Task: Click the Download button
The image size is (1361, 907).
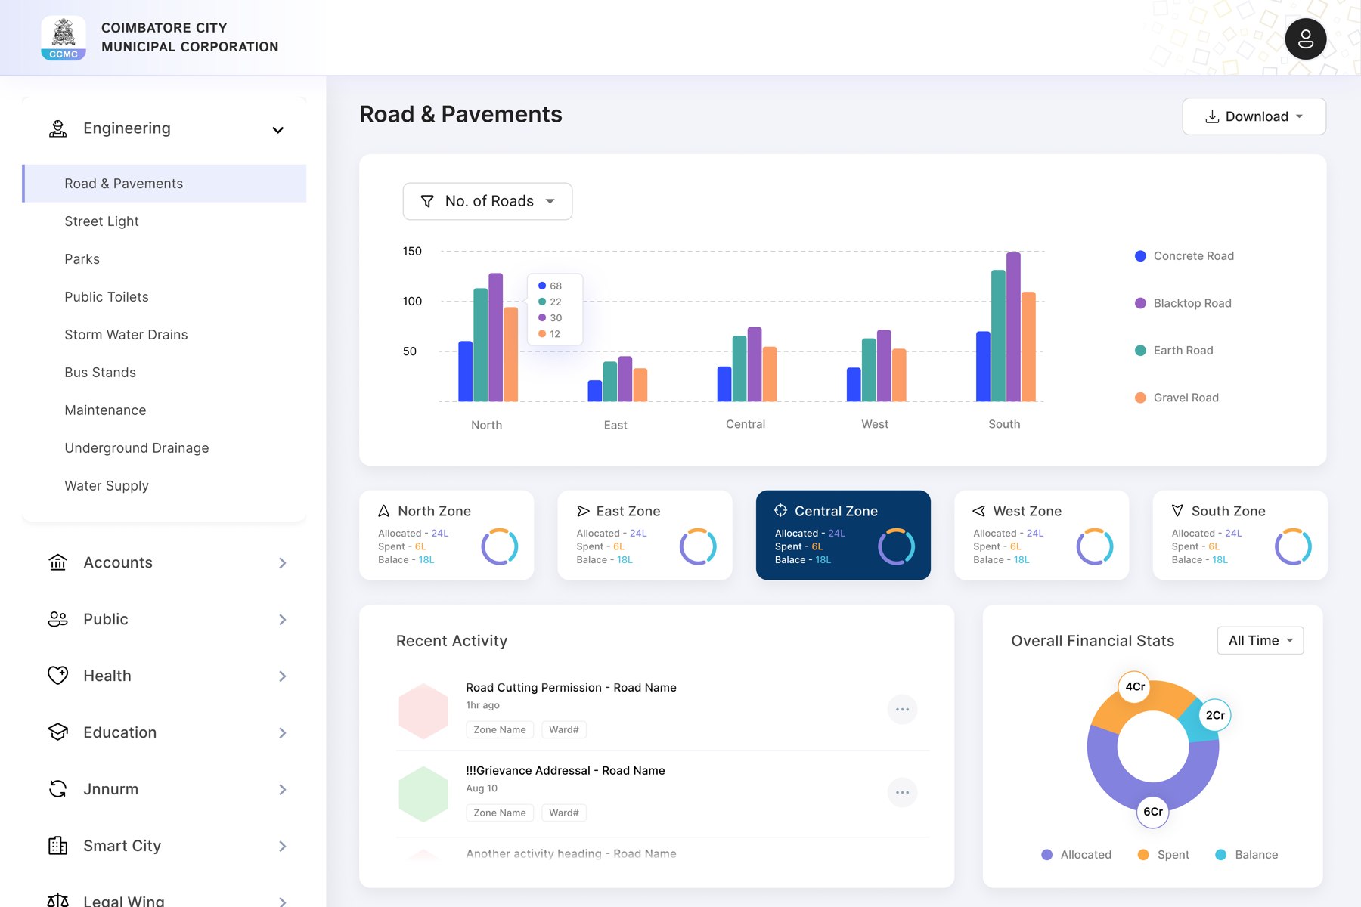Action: [1254, 116]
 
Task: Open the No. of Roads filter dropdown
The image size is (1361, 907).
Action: [488, 201]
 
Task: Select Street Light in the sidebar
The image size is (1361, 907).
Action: [101, 221]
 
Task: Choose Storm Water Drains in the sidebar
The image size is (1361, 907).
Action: [126, 335]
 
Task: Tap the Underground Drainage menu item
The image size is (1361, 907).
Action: [137, 448]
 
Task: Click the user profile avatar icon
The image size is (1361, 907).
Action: [1306, 39]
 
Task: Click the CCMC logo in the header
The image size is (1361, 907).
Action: [64, 38]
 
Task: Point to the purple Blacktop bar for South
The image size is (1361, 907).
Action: [1013, 327]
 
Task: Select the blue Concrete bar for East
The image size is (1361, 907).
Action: [595, 391]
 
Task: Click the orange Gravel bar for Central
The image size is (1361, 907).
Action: [770, 374]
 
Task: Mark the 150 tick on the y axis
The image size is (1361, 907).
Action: [412, 251]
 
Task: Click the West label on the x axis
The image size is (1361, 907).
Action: [875, 424]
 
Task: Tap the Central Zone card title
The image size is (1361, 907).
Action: [836, 511]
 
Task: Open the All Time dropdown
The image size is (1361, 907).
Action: [1260, 641]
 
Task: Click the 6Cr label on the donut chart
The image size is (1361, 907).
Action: [1153, 812]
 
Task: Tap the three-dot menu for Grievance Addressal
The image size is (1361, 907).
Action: [902, 792]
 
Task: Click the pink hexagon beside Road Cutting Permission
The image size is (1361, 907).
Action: [423, 710]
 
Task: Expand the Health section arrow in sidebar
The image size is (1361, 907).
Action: [282, 676]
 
